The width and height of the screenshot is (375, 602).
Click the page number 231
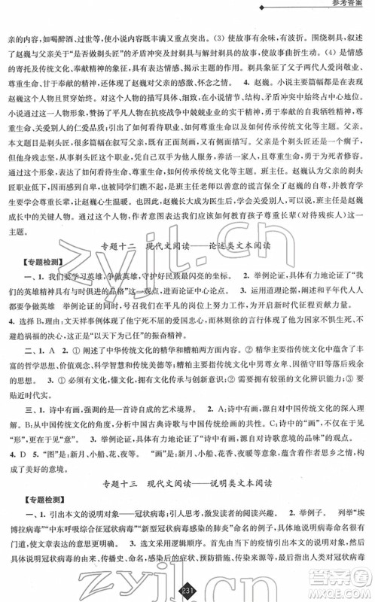point(185,588)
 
